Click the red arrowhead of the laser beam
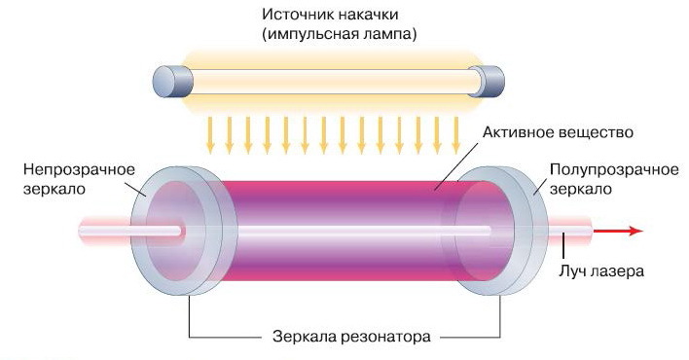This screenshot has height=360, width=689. (634, 231)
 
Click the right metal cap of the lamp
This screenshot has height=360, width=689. (487, 80)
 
